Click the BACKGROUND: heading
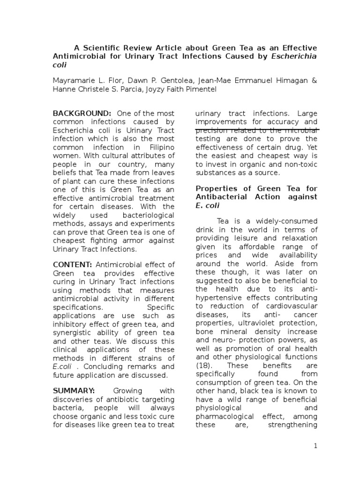82,113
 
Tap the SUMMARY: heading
74,391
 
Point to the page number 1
316,446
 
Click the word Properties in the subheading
214,188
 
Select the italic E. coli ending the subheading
206,206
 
